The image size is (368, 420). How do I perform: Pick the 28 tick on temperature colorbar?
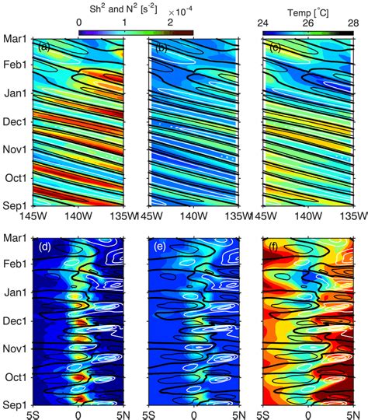coord(352,23)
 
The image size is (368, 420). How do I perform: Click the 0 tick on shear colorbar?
coord(79,23)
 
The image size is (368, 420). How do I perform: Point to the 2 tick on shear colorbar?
coord(169,23)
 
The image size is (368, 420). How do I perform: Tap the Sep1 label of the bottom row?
coord(14,405)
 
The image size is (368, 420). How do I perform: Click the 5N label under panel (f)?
coord(351,414)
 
